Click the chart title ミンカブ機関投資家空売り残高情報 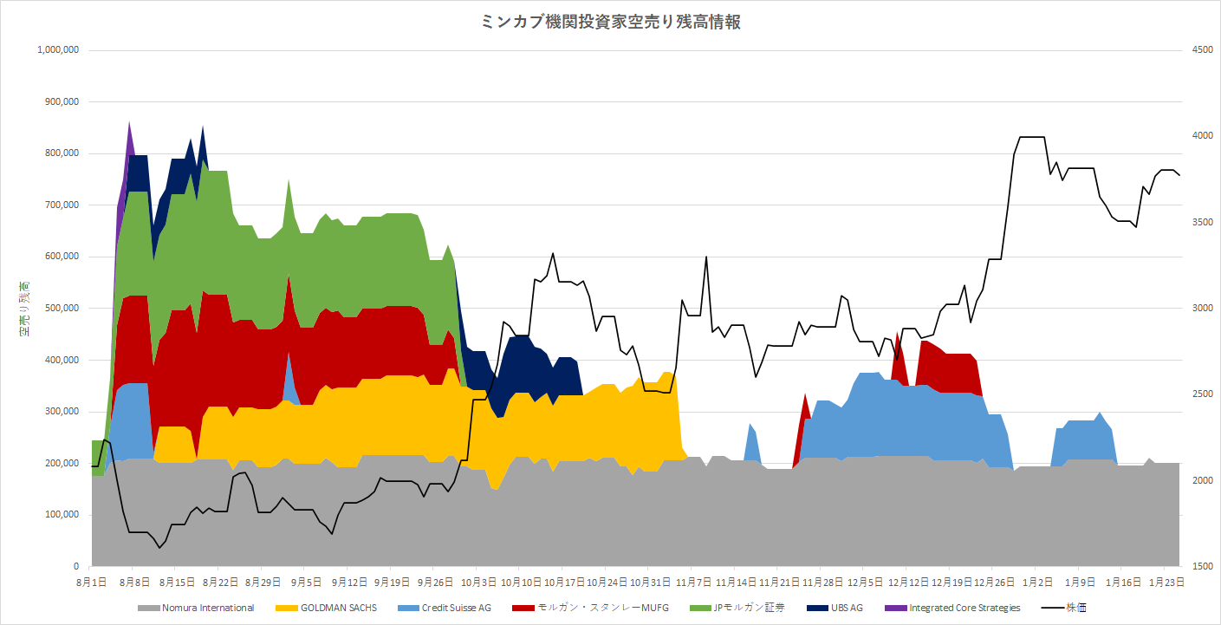point(610,23)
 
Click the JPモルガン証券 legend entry point(740,608)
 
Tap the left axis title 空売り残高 point(25,308)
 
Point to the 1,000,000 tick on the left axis point(59,50)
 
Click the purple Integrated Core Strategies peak point(129,128)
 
